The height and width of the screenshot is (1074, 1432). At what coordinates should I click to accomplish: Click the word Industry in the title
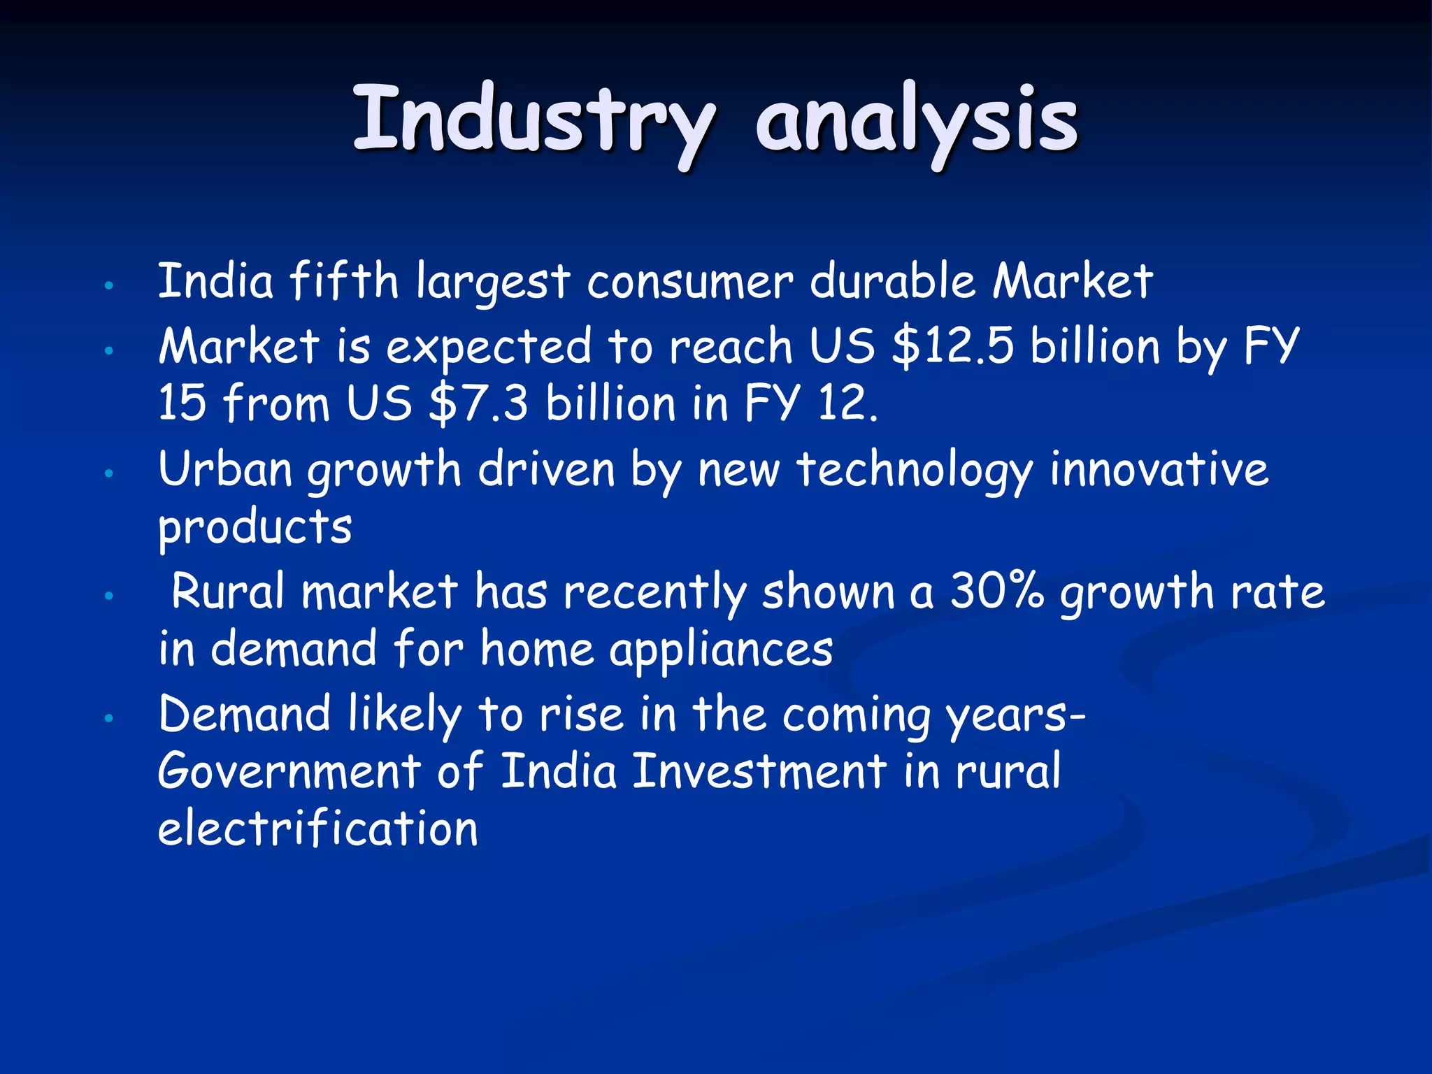click(533, 120)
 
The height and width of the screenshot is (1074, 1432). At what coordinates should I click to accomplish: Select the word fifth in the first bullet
click(343, 281)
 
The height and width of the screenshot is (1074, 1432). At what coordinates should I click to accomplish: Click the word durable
click(892, 281)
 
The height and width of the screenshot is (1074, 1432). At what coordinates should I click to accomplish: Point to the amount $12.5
click(952, 346)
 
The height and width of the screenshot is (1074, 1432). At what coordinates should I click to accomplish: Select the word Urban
click(225, 469)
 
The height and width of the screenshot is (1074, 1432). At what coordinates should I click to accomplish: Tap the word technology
click(914, 471)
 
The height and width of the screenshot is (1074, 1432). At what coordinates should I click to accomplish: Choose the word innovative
click(1159, 469)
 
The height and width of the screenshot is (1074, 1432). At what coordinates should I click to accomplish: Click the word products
click(255, 528)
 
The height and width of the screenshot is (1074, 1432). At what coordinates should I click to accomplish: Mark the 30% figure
click(996, 592)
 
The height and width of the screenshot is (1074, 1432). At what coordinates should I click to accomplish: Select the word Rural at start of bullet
click(228, 592)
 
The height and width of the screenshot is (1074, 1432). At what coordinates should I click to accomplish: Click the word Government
click(289, 771)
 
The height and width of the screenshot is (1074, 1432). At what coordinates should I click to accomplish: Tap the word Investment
click(759, 771)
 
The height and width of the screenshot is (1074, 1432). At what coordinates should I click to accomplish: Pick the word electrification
click(318, 829)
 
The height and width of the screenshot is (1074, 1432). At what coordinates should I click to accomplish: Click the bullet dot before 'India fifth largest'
click(108, 285)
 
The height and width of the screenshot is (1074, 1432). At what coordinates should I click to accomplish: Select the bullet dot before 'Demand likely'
click(108, 718)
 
